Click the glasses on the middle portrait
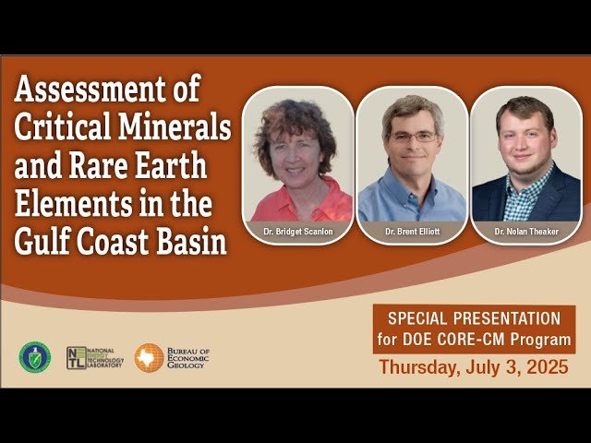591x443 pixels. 412,137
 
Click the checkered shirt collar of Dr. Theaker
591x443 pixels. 526,180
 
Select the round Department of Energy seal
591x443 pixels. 35,357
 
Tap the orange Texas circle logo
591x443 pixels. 149,358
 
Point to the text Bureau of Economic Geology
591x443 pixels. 187,358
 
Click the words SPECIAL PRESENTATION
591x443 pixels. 474,317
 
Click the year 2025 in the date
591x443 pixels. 544,367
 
